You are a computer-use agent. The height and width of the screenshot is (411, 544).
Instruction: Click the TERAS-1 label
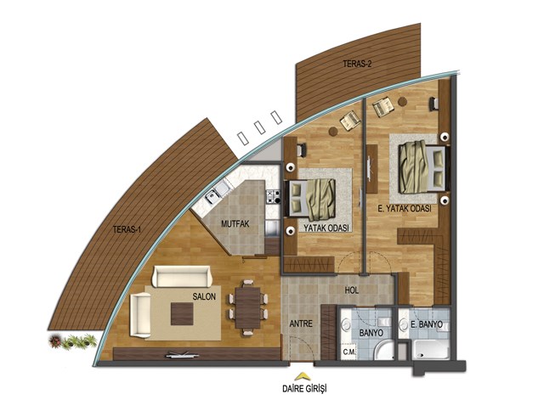[x=127, y=229]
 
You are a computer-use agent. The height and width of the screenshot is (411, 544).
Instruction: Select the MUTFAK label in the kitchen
[x=235, y=223]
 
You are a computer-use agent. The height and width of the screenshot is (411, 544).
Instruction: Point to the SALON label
[x=204, y=296]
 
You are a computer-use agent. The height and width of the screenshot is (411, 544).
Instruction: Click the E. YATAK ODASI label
[x=405, y=209]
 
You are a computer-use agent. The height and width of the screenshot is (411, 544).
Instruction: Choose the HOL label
[x=351, y=290]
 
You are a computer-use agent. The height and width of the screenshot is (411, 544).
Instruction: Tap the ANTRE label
[x=301, y=324]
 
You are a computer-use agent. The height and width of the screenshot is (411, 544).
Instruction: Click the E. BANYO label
[x=427, y=324]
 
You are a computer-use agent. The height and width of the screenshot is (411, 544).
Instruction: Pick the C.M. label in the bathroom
[x=349, y=352]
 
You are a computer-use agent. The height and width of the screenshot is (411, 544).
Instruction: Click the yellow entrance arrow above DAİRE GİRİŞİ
[x=303, y=377]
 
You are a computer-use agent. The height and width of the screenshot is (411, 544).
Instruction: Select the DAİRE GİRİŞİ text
[x=304, y=388]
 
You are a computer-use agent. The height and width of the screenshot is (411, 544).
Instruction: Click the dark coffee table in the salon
[x=182, y=313]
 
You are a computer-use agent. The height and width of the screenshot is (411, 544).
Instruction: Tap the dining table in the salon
[x=247, y=307]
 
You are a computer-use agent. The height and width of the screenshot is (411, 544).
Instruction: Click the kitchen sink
[x=216, y=193]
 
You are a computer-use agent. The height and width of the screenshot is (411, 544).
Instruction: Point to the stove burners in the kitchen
[x=273, y=196]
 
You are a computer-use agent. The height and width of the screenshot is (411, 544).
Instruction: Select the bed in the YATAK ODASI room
[x=309, y=200]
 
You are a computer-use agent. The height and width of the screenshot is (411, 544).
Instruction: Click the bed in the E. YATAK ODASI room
[x=422, y=167]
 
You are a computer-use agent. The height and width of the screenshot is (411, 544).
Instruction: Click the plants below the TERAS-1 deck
[x=72, y=341]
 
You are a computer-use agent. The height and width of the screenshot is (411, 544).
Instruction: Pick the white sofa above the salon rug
[x=181, y=276]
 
